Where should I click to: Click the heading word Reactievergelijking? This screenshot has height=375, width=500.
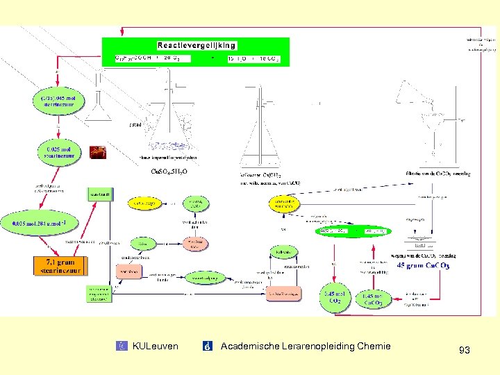(x=197, y=45)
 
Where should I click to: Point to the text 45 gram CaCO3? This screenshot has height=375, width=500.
(x=423, y=265)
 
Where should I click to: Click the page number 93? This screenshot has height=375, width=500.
(x=465, y=351)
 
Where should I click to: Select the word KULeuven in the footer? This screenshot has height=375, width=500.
(x=155, y=346)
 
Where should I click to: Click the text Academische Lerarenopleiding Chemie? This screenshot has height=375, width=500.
(x=305, y=346)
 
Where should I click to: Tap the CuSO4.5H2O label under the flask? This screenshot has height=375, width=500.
(x=169, y=172)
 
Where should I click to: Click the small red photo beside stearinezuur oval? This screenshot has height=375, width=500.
(x=98, y=152)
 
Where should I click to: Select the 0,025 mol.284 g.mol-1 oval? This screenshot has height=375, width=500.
(x=44, y=224)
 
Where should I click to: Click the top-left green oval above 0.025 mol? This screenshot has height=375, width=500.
(x=58, y=103)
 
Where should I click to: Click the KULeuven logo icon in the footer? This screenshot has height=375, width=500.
(x=123, y=346)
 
